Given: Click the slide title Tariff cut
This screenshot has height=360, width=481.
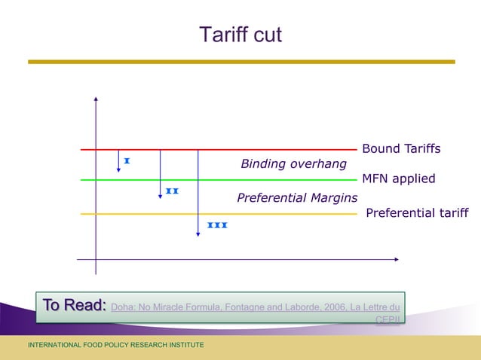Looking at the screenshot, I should tap(240, 35).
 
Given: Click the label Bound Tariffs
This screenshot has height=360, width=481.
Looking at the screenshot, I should tap(401, 149).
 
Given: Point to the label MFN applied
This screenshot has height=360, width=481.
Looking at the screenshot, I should tap(399, 179).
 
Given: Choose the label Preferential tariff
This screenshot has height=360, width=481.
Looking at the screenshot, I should tap(416, 213).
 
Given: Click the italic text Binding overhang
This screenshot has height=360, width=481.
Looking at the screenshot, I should tap(293, 163).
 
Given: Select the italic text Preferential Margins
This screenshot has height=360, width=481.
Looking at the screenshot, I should tap(297, 198).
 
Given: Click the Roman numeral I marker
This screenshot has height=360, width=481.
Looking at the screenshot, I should tap(127, 161).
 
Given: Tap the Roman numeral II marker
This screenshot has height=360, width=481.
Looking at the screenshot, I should tap(172, 191).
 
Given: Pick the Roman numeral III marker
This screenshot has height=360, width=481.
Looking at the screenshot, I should tap(217, 225).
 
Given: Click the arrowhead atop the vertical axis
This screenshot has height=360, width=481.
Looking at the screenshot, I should tap(97, 99).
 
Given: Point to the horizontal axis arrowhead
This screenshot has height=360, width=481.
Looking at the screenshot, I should tap(396, 259).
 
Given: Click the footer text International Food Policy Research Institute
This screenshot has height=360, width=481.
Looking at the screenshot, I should tap(115, 345).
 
